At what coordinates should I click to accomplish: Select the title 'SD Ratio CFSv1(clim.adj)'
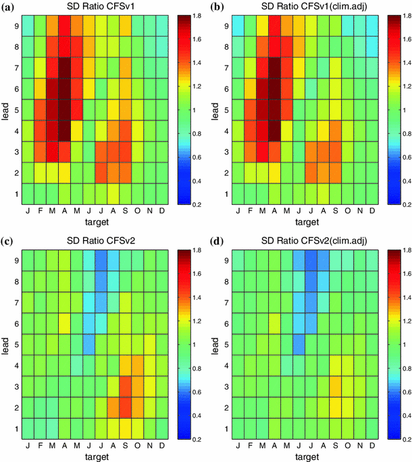pyautogui.click(x=302, y=6)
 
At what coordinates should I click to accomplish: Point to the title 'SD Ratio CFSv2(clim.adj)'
pyautogui.click(x=302, y=241)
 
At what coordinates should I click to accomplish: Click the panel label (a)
pyautogui.click(x=9, y=6)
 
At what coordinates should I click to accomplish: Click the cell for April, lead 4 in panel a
pyautogui.click(x=64, y=131)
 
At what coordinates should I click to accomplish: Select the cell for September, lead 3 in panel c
pyautogui.click(x=124, y=388)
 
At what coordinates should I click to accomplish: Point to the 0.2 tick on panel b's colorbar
pyautogui.click(x=401, y=204)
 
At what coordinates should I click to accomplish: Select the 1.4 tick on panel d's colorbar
pyautogui.click(x=401, y=298)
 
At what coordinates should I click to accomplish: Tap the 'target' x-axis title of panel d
pyautogui.click(x=302, y=457)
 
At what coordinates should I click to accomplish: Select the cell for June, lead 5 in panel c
pyautogui.click(x=88, y=345)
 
